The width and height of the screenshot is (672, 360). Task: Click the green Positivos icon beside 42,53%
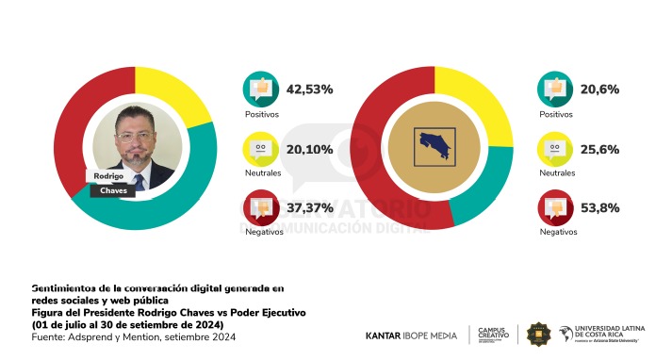260,90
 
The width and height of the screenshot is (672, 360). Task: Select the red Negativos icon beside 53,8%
555,207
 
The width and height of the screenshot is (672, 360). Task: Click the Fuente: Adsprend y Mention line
133,336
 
